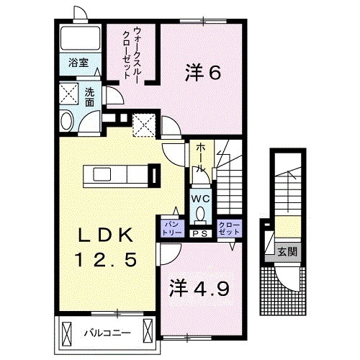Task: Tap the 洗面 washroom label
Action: [89, 96]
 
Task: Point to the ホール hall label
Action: [201, 156]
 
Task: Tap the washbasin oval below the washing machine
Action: [67, 122]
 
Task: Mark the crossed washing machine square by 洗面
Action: [70, 94]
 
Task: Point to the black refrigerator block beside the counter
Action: [153, 175]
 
